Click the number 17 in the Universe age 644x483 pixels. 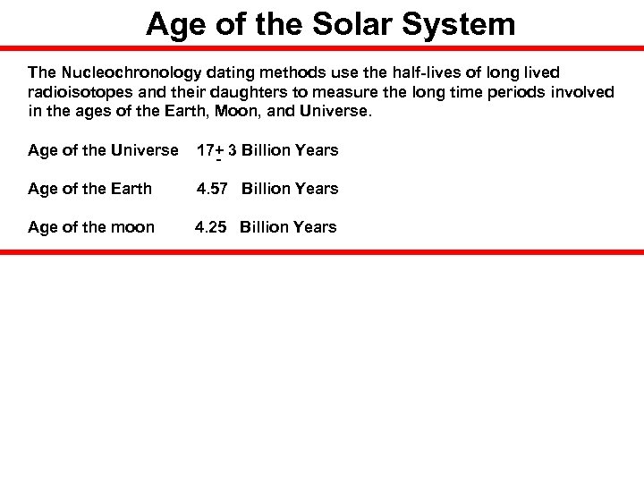205,150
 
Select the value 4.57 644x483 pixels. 213,189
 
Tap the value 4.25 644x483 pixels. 211,227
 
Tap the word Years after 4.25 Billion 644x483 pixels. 314,227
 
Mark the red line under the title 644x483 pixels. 322,48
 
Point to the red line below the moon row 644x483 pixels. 322,252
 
